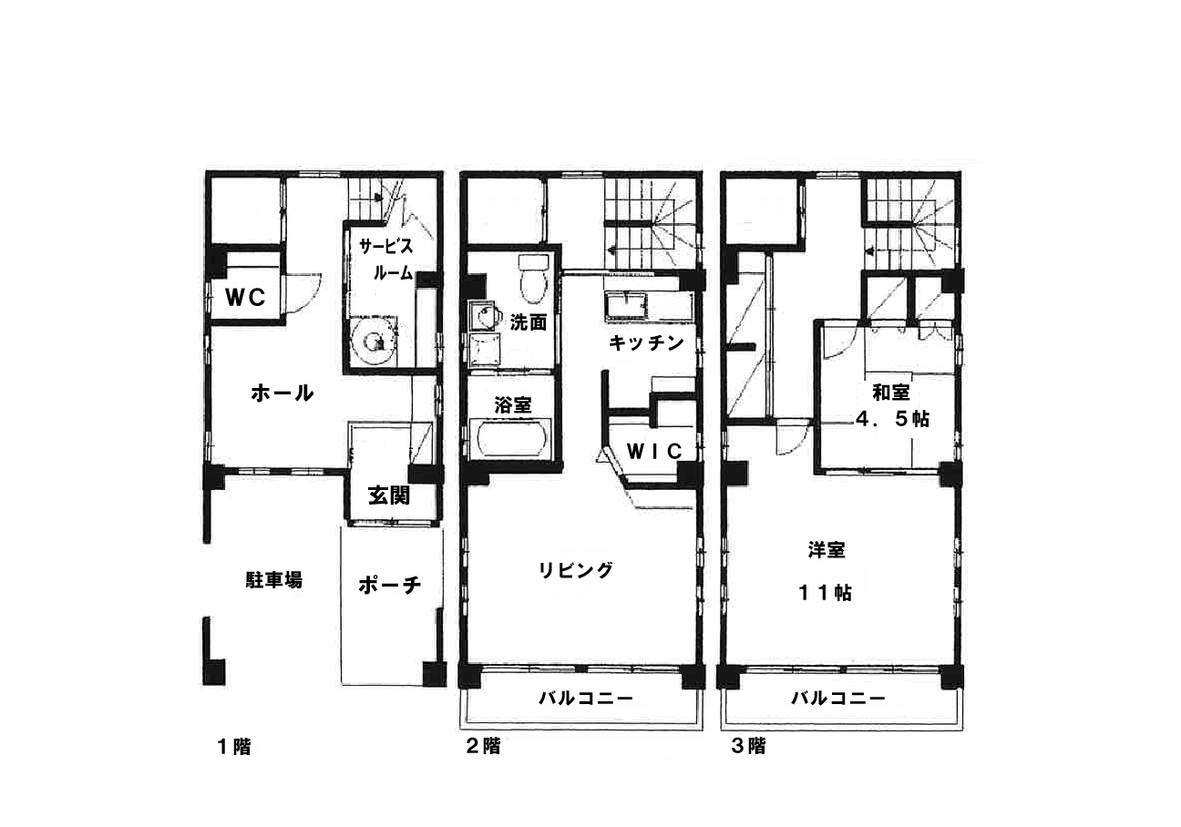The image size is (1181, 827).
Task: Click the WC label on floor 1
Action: [x=245, y=297]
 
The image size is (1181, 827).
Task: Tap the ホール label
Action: [x=282, y=393]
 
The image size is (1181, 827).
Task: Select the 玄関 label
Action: [x=388, y=495]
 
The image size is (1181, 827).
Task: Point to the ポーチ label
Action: [x=390, y=585]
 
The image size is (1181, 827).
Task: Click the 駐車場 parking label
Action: [x=274, y=580]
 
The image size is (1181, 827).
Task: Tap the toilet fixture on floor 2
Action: [x=534, y=279]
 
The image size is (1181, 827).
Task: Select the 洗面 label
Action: [x=528, y=322]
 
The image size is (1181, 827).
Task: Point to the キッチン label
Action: [x=646, y=343]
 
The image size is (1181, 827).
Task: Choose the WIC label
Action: [x=654, y=451]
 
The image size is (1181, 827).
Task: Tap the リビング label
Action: [x=575, y=570]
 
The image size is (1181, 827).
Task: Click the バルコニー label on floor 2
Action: [x=585, y=699]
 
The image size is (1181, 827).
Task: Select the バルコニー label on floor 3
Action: [x=838, y=699]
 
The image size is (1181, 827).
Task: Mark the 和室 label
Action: [x=891, y=393]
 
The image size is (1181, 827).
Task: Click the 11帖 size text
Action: [x=825, y=594]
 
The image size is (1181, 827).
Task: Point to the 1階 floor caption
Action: [x=234, y=747]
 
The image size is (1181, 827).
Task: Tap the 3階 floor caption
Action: [x=749, y=746]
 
